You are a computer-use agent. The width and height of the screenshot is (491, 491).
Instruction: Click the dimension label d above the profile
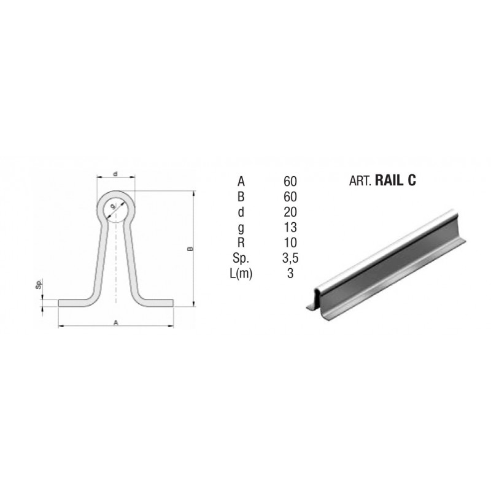[115, 174]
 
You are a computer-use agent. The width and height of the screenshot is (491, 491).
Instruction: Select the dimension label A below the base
[116, 323]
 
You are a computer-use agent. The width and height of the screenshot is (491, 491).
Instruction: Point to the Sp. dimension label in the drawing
[39, 284]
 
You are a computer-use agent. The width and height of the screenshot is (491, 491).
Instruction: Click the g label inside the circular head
[113, 206]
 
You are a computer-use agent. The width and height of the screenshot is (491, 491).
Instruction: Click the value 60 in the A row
[290, 181]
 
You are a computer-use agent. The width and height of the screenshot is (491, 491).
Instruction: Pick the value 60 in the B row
[290, 196]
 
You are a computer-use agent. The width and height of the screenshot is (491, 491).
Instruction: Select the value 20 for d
[290, 212]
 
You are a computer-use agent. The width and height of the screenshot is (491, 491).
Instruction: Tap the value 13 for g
[290, 227]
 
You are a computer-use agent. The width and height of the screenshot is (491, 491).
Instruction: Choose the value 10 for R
[290, 242]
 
